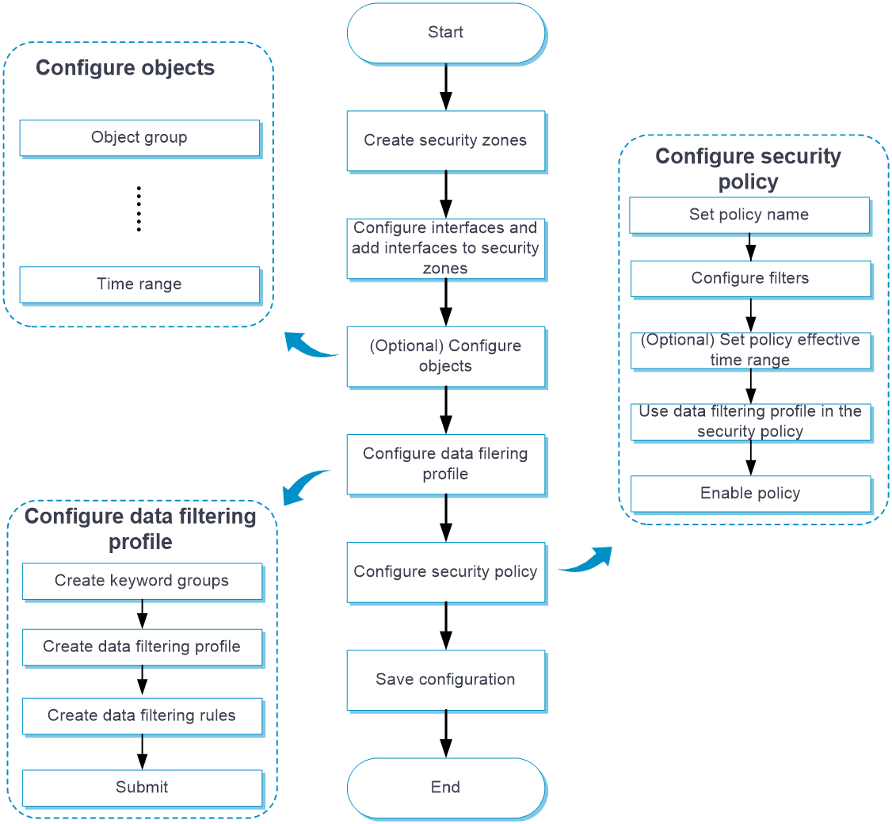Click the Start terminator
point(446,33)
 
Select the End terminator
point(446,788)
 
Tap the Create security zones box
point(446,141)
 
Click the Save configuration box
point(446,680)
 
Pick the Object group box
point(139,138)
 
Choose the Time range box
point(139,284)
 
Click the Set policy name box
point(749,215)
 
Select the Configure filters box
point(750,278)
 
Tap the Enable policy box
point(750,494)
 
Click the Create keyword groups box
point(142,581)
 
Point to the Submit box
point(142,788)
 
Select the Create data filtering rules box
point(142,715)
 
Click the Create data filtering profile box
point(142,647)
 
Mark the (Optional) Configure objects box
point(446,357)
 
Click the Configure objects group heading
point(125,68)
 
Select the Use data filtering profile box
point(750,422)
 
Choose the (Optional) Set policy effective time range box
point(750,350)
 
